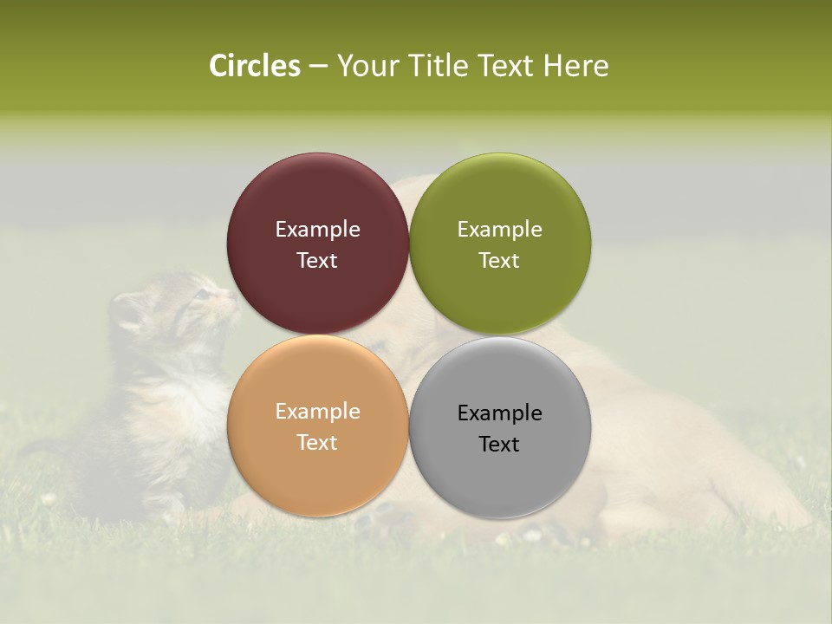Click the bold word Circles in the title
pos(255,66)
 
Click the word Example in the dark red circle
pos(317,230)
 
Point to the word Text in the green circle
pos(499,261)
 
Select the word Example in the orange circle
pos(317,412)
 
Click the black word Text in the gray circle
pos(499,445)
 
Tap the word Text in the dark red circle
pos(317,261)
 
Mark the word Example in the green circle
pos(499,230)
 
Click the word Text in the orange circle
pos(317,443)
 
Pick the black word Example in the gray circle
pos(499,413)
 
